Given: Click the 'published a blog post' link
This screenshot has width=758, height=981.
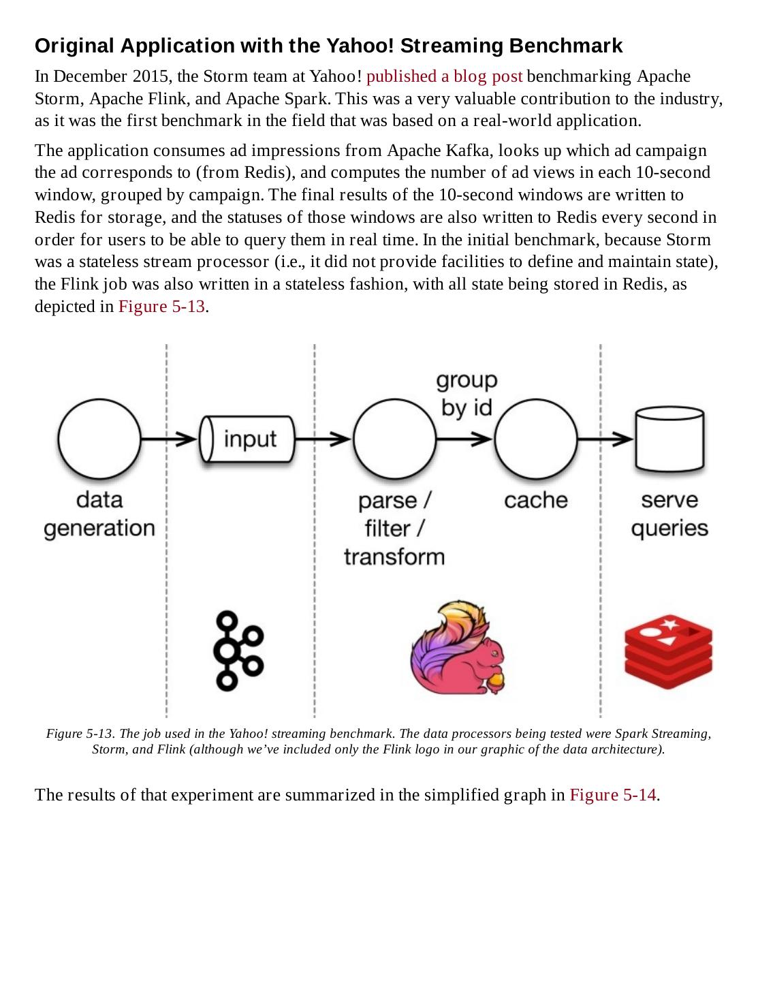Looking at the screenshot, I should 444,76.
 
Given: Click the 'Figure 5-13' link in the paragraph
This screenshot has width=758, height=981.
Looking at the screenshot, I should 161,306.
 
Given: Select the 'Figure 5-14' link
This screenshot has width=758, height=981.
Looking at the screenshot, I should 612,795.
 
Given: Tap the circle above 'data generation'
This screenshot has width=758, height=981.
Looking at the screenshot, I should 99,439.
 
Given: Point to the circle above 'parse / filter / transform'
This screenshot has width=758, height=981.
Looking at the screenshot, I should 394,439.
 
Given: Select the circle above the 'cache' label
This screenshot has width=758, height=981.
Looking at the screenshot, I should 535,439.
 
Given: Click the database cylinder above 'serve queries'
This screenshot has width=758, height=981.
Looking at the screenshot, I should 669,439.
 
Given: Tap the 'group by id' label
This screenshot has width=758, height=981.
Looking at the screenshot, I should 467,394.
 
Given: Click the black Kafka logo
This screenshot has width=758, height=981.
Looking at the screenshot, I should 238,650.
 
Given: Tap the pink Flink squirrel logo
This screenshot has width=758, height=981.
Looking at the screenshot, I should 458,647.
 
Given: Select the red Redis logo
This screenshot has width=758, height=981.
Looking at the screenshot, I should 668,651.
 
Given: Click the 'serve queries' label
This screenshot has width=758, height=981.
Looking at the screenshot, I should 669,514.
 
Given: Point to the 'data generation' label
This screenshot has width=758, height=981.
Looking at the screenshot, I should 99,514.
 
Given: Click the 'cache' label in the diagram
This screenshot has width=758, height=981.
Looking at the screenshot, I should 535,500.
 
